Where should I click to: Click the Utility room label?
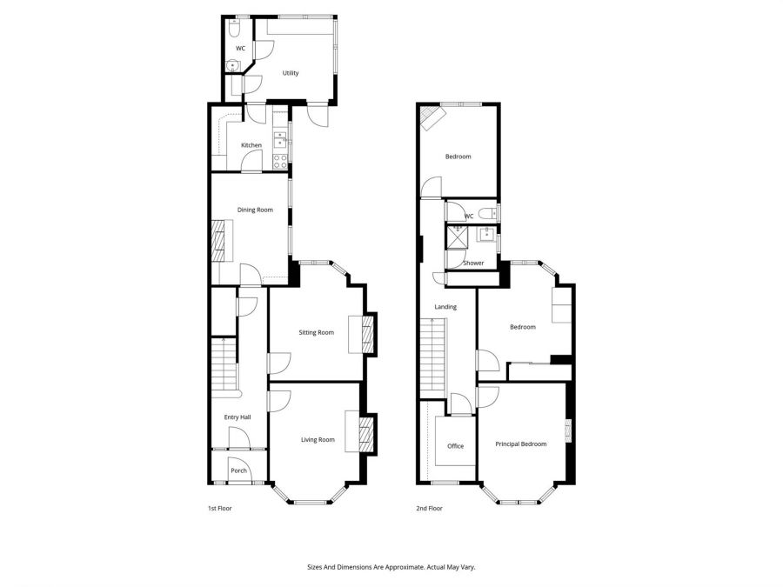[291, 73]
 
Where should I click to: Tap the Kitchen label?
[251, 145]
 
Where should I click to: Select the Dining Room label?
[256, 210]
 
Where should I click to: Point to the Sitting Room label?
[316, 332]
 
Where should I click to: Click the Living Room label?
[318, 440]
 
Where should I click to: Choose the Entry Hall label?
[238, 418]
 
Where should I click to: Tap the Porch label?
[238, 470]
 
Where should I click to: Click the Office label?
[455, 446]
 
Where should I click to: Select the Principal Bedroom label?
[521, 444]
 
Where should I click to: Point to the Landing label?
[445, 307]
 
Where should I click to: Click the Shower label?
[473, 263]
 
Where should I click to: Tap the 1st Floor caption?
[219, 509]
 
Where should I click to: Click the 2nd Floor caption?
[430, 509]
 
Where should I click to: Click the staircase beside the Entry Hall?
[224, 364]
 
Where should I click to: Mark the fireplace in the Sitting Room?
[369, 335]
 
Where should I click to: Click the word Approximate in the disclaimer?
[402, 567]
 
